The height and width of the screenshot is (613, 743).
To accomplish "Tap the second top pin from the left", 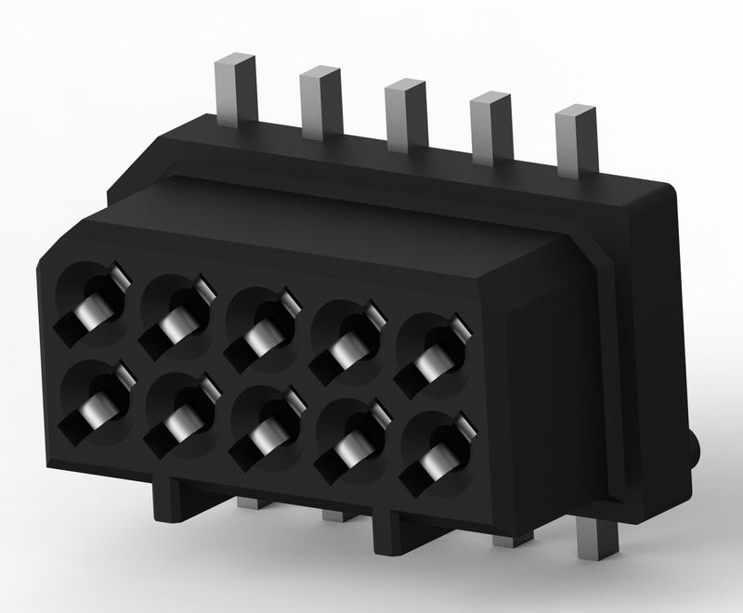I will pos(319,101).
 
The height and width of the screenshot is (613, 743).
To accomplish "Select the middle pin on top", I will pos(405,114).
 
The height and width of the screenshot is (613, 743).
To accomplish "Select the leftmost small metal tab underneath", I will pos(249,504).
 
